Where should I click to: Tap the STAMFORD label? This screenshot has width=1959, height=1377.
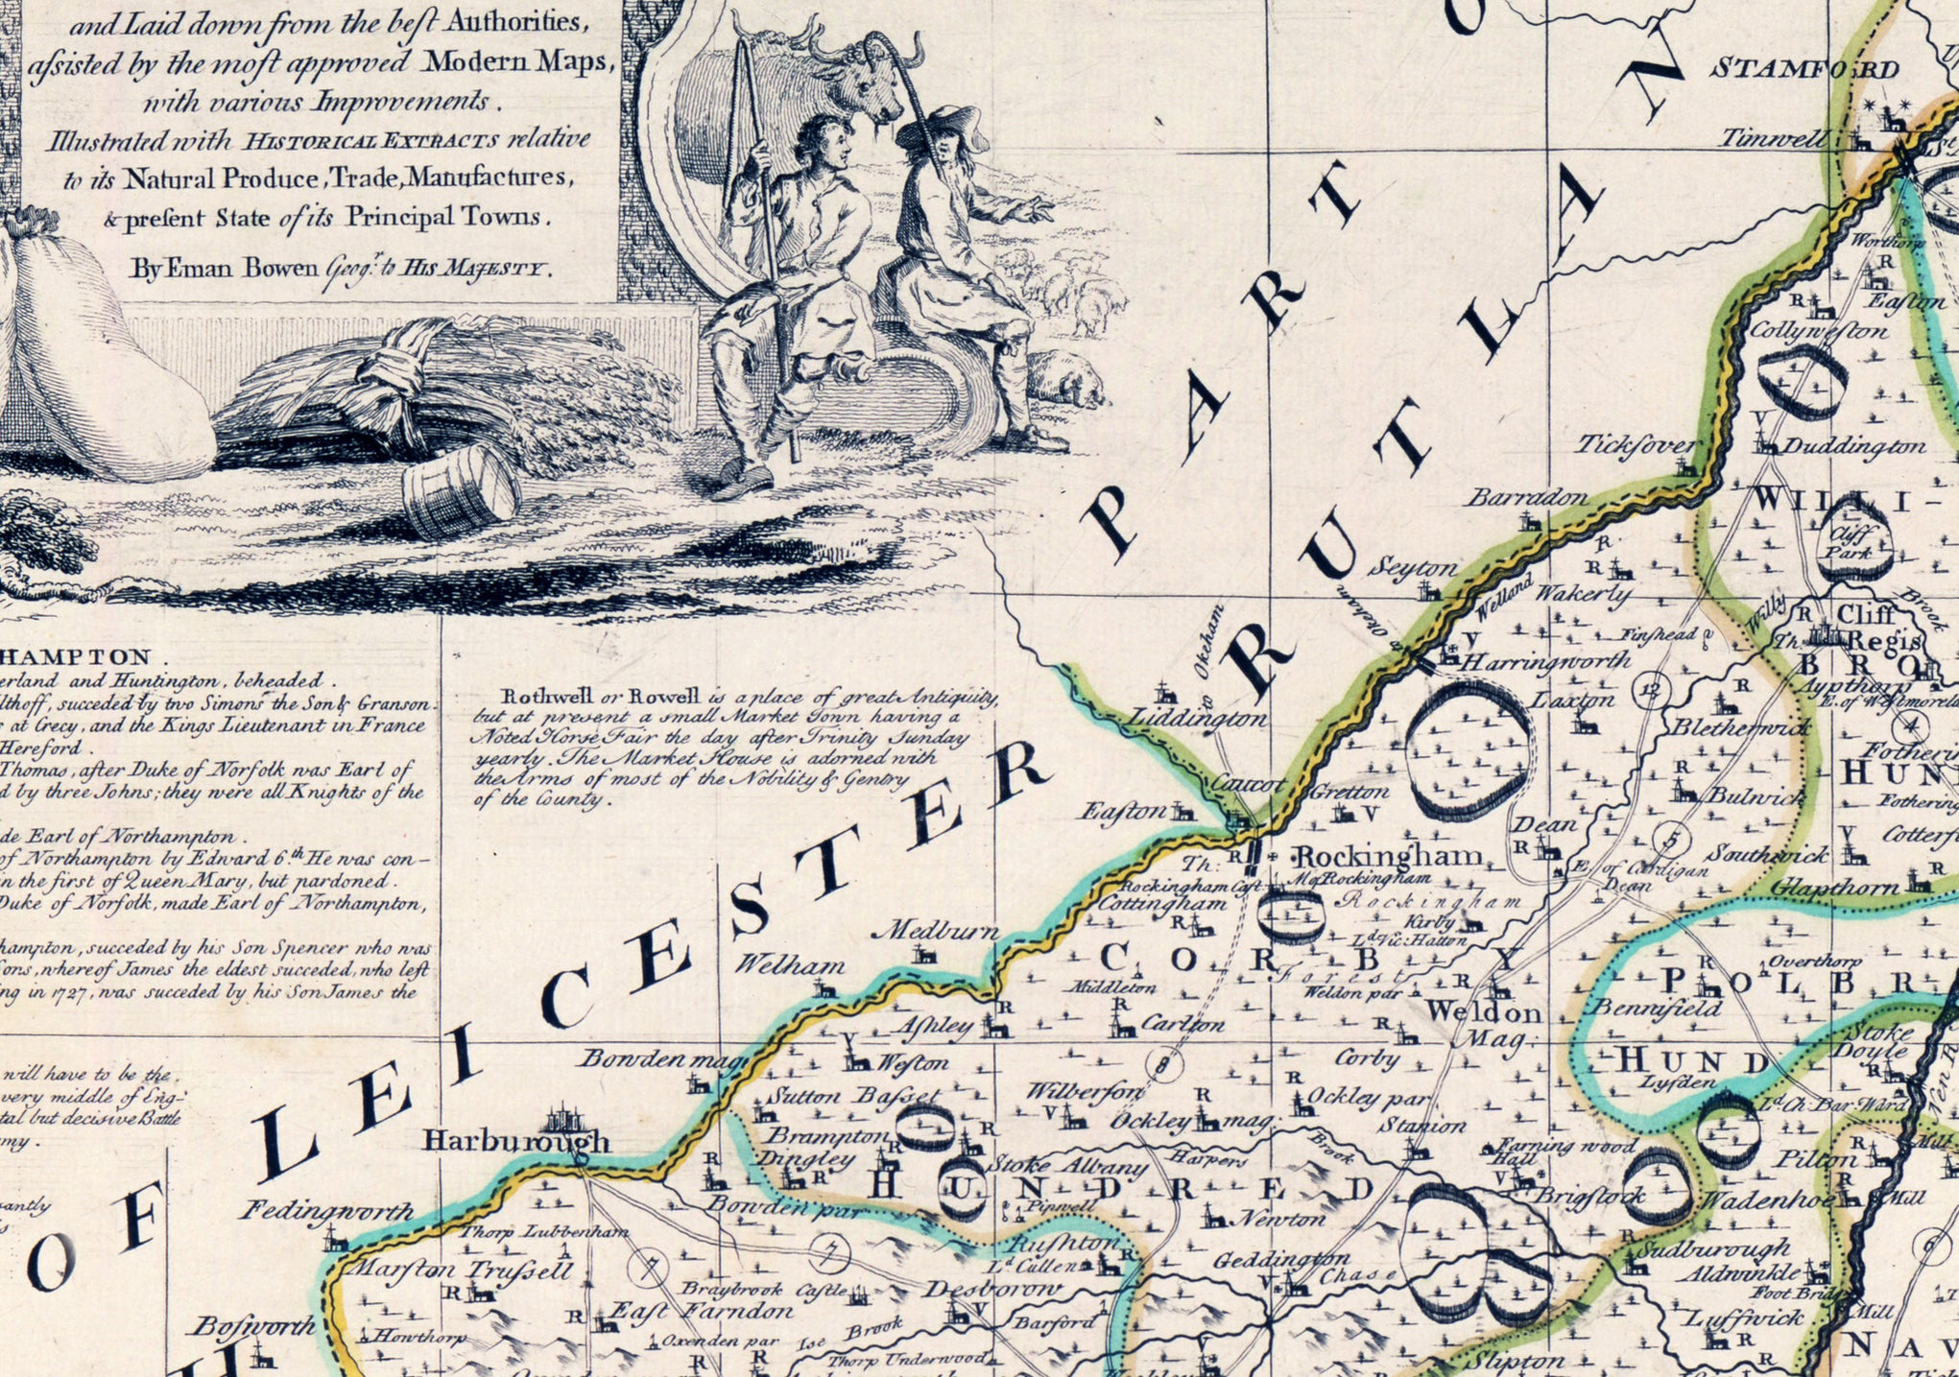tap(1805, 69)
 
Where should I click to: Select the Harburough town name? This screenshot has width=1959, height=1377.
tap(516, 1141)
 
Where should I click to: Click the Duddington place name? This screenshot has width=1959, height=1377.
tap(1853, 446)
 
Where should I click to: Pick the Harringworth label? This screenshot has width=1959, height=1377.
tap(1546, 661)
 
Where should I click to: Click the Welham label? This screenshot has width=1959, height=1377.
tap(789, 965)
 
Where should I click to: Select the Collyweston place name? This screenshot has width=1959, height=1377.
tap(1818, 332)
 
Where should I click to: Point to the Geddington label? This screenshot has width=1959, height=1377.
tap(1281, 1259)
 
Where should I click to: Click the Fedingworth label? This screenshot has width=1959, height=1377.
tap(326, 1211)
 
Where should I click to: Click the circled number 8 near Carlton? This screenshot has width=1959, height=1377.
tap(1163, 1063)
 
